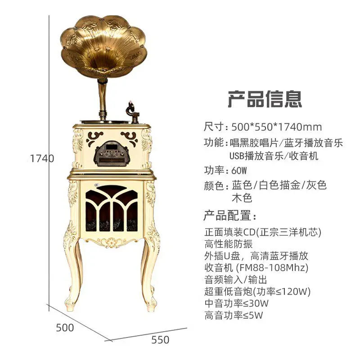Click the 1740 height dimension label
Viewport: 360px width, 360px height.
click(x=42, y=158)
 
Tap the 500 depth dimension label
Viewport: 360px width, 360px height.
click(x=65, y=328)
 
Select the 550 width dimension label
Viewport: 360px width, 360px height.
click(x=160, y=340)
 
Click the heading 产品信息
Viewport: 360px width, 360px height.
click(x=265, y=99)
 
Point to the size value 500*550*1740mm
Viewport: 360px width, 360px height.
click(x=277, y=127)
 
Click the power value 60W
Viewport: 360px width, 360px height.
click(x=239, y=171)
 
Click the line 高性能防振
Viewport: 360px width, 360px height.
click(x=229, y=244)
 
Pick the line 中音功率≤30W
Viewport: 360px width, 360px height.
click(x=237, y=303)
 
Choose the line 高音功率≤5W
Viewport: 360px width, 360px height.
click(x=234, y=315)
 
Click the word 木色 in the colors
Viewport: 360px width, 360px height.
click(x=242, y=198)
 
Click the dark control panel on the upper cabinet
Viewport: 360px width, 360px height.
click(x=110, y=153)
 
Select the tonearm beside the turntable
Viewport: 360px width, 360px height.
click(x=132, y=111)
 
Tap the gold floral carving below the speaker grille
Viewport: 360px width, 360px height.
click(x=112, y=242)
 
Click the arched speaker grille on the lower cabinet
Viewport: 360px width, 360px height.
click(x=112, y=208)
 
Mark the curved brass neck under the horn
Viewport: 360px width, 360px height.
click(x=103, y=96)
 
